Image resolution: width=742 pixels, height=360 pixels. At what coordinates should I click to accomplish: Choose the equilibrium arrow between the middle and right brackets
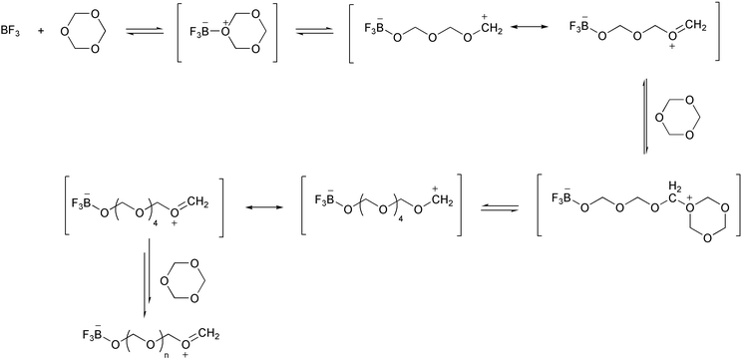(x=500, y=206)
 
